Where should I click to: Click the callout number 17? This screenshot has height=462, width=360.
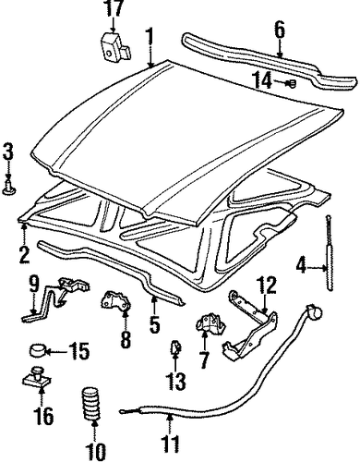pyautogui.click(x=114, y=8)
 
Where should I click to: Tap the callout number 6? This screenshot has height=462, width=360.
pyautogui.click(x=279, y=30)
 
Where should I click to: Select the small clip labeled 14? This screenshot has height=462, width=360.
pyautogui.click(x=292, y=83)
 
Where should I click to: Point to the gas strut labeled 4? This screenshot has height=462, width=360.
pyautogui.click(x=329, y=252)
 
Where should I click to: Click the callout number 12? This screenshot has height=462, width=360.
pyautogui.click(x=266, y=286)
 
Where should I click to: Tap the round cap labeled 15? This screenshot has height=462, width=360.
pyautogui.click(x=37, y=350)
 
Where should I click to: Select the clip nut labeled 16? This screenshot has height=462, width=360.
pyautogui.click(x=37, y=376)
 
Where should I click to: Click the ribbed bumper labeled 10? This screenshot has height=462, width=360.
pyautogui.click(x=91, y=404)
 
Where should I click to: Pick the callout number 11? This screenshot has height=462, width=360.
pyautogui.click(x=169, y=444)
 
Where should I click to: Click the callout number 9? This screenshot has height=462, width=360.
pyautogui.click(x=34, y=286)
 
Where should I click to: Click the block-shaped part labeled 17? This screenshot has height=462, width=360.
pyautogui.click(x=115, y=47)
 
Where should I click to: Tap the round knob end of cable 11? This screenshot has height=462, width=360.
pyautogui.click(x=314, y=311)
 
